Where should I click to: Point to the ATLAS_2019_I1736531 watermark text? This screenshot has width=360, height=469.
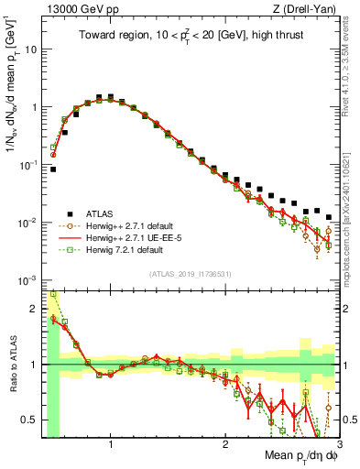pyautogui.click(x=191, y=274)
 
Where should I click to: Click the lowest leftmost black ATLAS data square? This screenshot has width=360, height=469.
pyautogui.click(x=53, y=169)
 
